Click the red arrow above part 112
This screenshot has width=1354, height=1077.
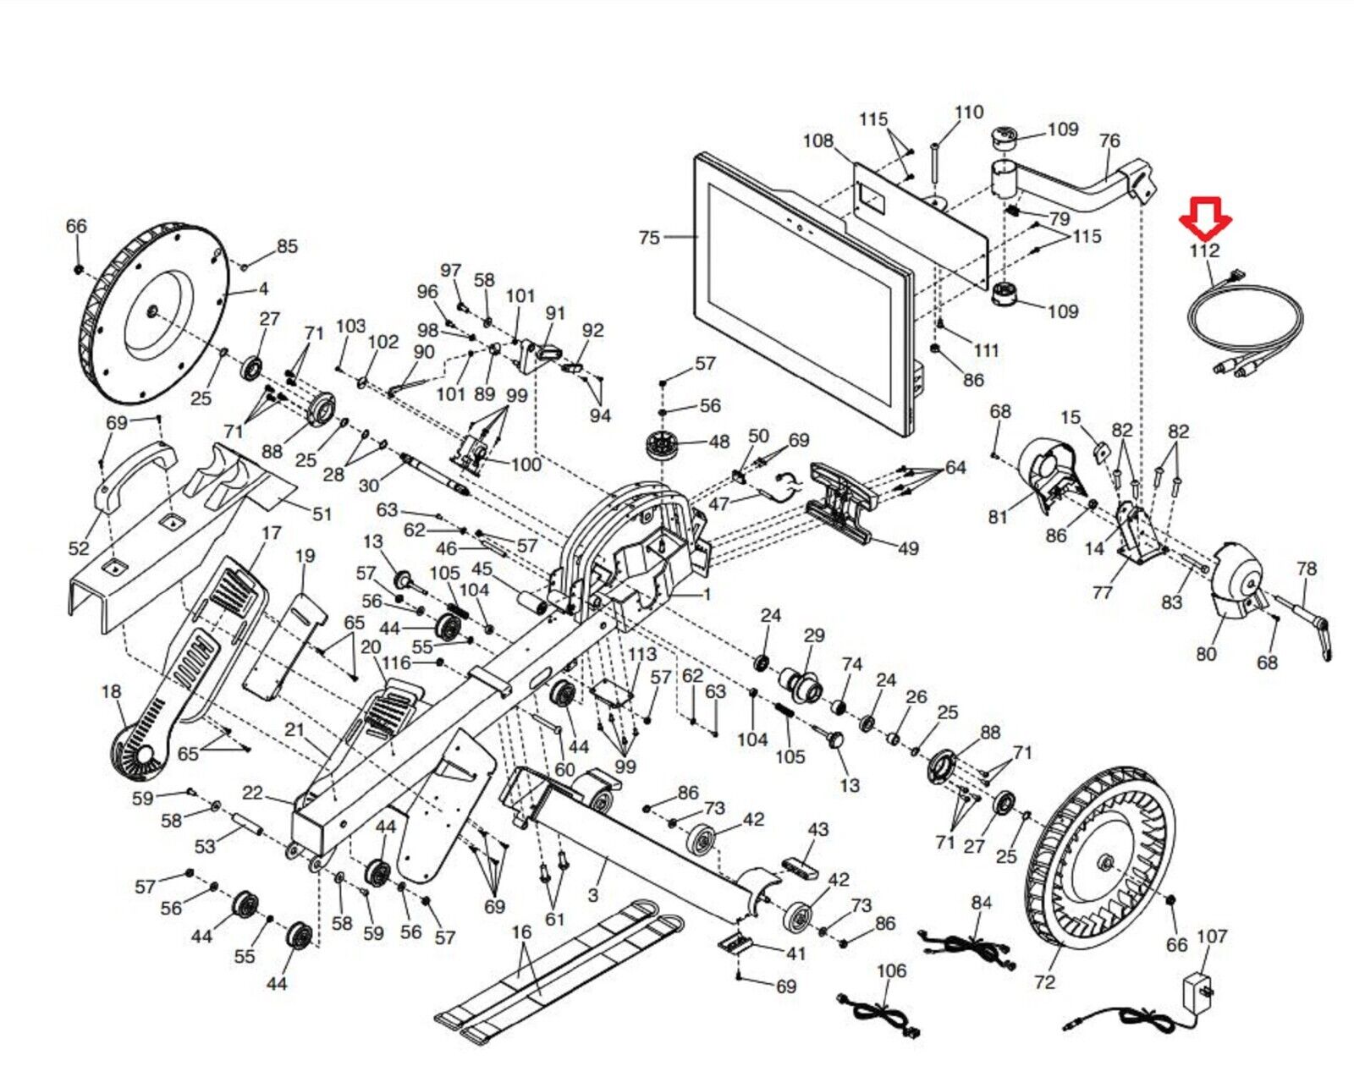(1205, 218)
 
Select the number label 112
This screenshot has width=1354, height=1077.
(1203, 250)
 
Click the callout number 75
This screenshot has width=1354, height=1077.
(649, 238)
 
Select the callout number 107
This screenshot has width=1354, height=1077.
(1212, 937)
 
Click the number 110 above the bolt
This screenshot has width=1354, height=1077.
(969, 113)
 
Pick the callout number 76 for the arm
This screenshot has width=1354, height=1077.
(1109, 140)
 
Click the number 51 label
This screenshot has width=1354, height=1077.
(322, 514)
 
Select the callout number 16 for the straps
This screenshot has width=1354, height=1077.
(521, 932)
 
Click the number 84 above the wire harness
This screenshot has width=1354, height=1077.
(981, 903)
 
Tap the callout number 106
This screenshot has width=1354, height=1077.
(891, 970)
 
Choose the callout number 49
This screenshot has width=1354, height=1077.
(907, 548)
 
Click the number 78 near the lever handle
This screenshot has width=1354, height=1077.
(1307, 569)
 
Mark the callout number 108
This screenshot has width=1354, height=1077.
(817, 140)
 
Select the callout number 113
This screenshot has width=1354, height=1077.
(641, 654)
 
